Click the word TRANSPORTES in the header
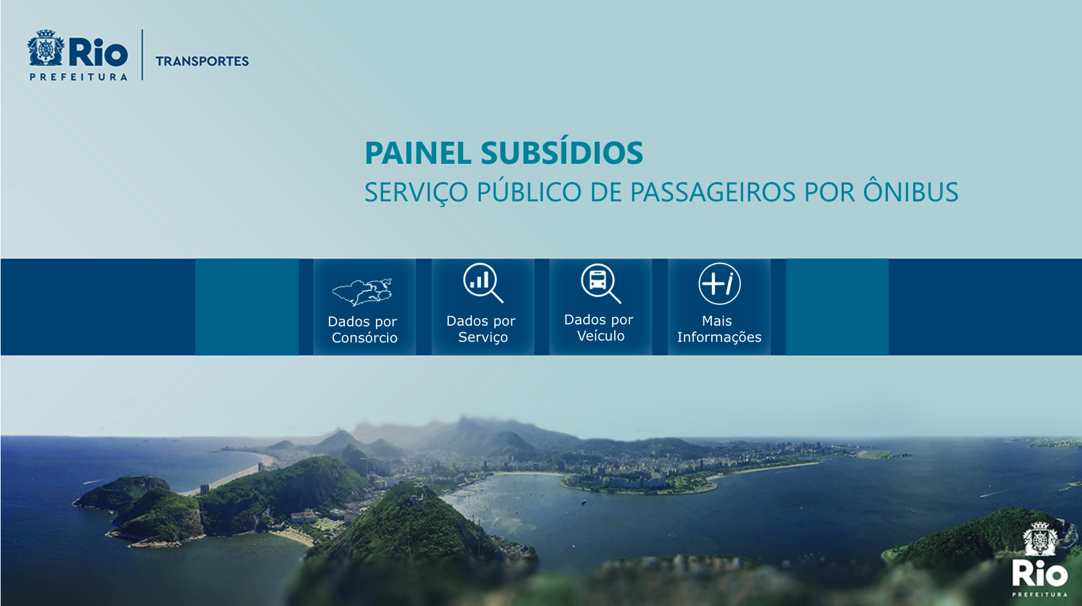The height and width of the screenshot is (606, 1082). [x=202, y=62]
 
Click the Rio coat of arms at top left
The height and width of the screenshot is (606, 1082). [x=46, y=48]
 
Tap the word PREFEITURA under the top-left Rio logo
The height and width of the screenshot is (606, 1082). [x=79, y=77]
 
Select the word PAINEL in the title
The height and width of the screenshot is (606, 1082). [x=418, y=153]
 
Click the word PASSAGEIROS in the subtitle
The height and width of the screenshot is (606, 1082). [x=712, y=192]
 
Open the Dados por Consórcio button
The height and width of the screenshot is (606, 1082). [x=365, y=307]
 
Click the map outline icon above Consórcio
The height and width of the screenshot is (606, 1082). [x=362, y=292]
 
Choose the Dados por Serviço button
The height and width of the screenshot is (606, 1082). [x=483, y=307]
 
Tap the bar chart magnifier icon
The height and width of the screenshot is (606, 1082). [x=483, y=283]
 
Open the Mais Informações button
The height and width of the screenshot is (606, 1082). [x=719, y=307]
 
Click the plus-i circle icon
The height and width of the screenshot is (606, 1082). [x=720, y=284]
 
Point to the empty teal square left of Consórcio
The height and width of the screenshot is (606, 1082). [x=247, y=307]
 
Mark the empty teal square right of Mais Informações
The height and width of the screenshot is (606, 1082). [x=837, y=307]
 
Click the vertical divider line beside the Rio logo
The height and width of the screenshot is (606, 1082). [x=142, y=54]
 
